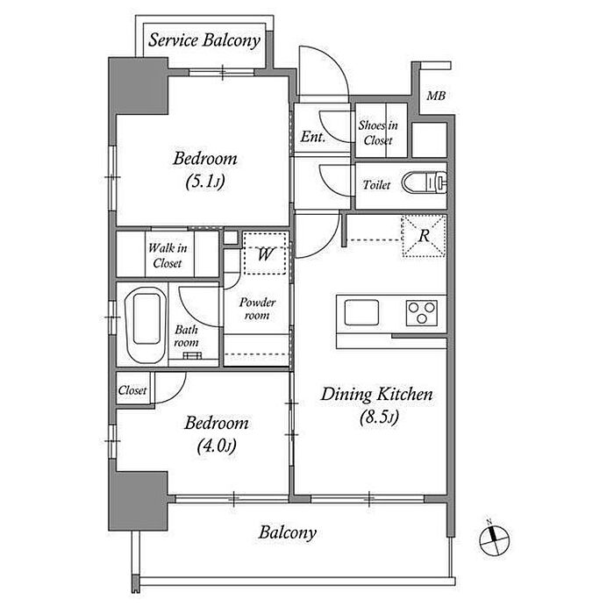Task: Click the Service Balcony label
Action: (x=204, y=40)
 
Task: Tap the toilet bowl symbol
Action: (x=424, y=182)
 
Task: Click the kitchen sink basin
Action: (x=361, y=312)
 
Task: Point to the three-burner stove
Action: (x=421, y=312)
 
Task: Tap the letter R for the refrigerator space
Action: (x=424, y=236)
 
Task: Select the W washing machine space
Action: (x=265, y=253)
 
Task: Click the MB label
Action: (x=436, y=96)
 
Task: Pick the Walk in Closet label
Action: (x=168, y=255)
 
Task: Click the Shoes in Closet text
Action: (x=378, y=132)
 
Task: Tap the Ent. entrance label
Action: (x=313, y=137)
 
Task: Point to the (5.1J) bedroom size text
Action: (x=205, y=182)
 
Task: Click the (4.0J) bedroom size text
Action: (x=217, y=446)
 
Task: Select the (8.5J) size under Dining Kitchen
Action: (x=379, y=417)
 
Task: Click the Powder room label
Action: (x=257, y=309)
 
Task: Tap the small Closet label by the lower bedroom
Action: (x=132, y=390)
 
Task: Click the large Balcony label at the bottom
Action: (x=288, y=533)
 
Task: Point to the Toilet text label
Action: (x=376, y=184)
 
